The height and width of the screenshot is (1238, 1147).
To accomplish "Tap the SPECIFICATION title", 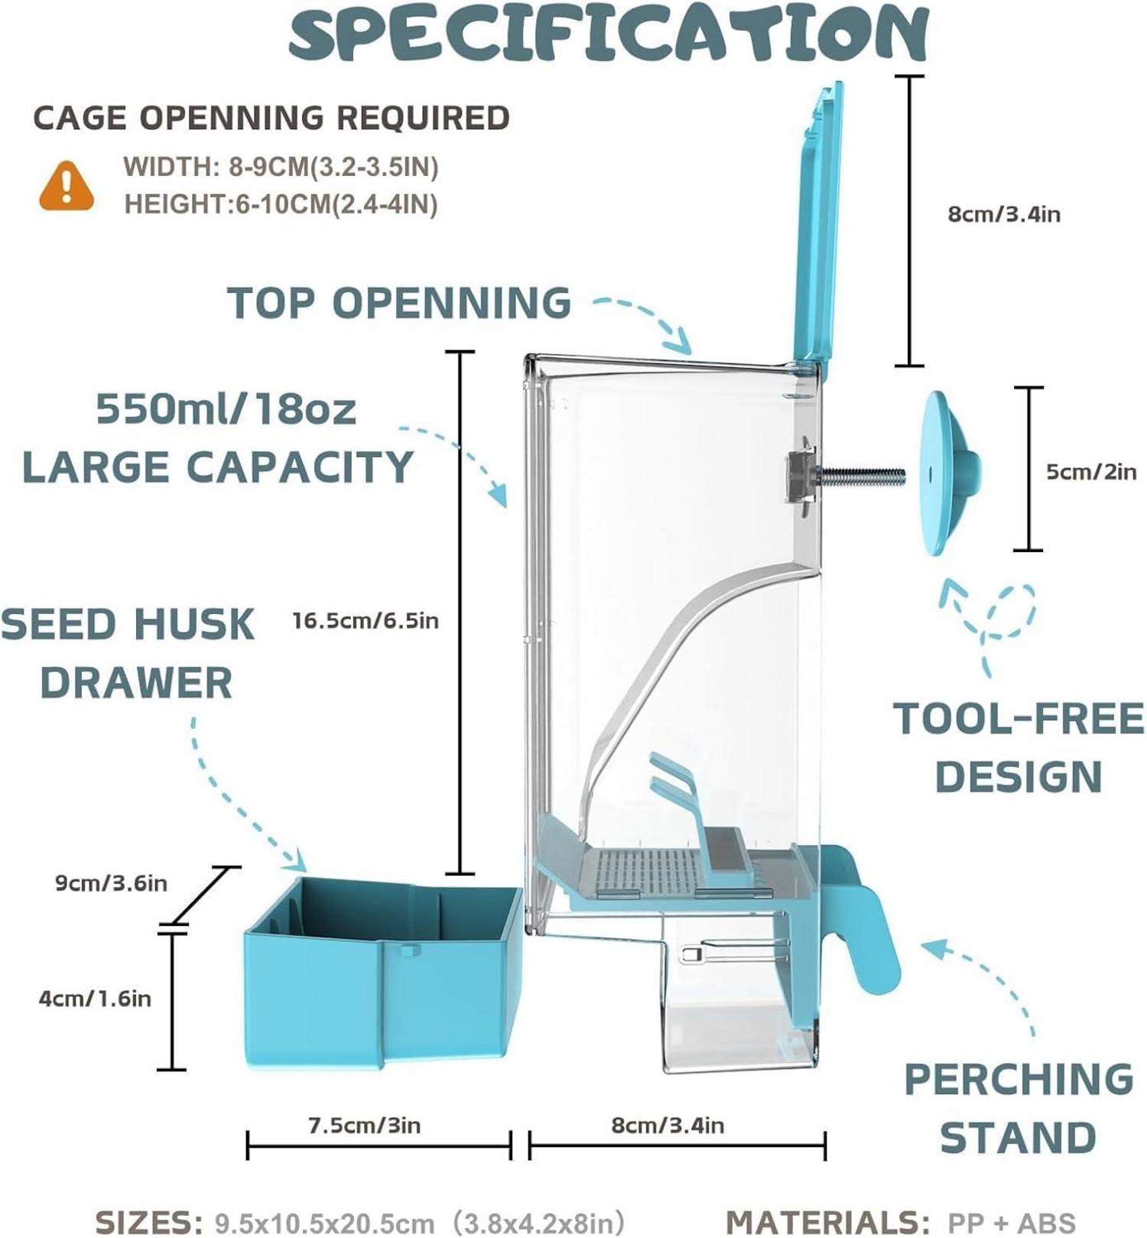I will coord(608,34).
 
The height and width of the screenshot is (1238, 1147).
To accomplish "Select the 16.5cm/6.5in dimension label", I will coord(366,620).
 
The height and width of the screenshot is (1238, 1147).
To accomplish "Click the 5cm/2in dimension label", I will coord(1091,472).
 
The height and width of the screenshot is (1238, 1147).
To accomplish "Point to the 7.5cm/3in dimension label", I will coord(364,1126).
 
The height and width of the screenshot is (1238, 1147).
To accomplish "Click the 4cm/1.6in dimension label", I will coord(95,999).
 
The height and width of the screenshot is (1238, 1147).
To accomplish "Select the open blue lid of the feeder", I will coord(818,229).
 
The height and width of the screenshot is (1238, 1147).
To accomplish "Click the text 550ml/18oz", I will coord(226,410).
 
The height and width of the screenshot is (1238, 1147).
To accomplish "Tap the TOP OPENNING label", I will coord(399,303).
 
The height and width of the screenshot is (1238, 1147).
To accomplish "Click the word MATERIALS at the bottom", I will coord(826,1222).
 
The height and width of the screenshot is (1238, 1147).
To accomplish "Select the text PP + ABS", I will coord(1012,1223).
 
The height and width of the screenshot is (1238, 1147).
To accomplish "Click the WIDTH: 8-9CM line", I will coord(281,167).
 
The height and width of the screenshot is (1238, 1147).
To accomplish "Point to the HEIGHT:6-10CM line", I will coord(281,204).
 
